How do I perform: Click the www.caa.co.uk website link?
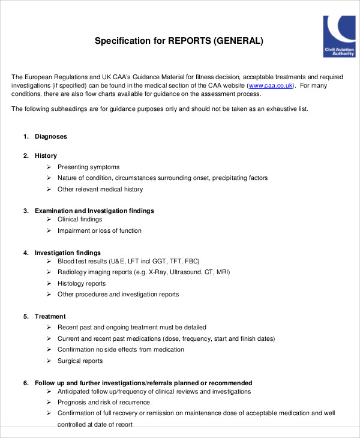[x=271, y=86]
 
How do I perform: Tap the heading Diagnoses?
[x=50, y=136]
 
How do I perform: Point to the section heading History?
[x=46, y=155]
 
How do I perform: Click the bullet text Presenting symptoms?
[x=88, y=167]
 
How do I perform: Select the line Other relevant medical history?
[x=100, y=189]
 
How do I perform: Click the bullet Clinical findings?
[x=80, y=219]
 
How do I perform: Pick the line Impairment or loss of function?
[x=100, y=230]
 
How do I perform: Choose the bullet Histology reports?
[x=82, y=283]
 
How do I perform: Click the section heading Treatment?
[x=50, y=316]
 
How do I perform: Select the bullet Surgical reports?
[x=80, y=361]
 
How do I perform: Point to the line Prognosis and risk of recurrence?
[x=104, y=402]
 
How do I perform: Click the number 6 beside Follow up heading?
[x=26, y=383]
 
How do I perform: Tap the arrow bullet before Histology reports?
[x=49, y=283]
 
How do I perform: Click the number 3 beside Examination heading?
[x=26, y=211]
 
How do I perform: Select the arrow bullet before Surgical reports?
[x=49, y=361]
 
